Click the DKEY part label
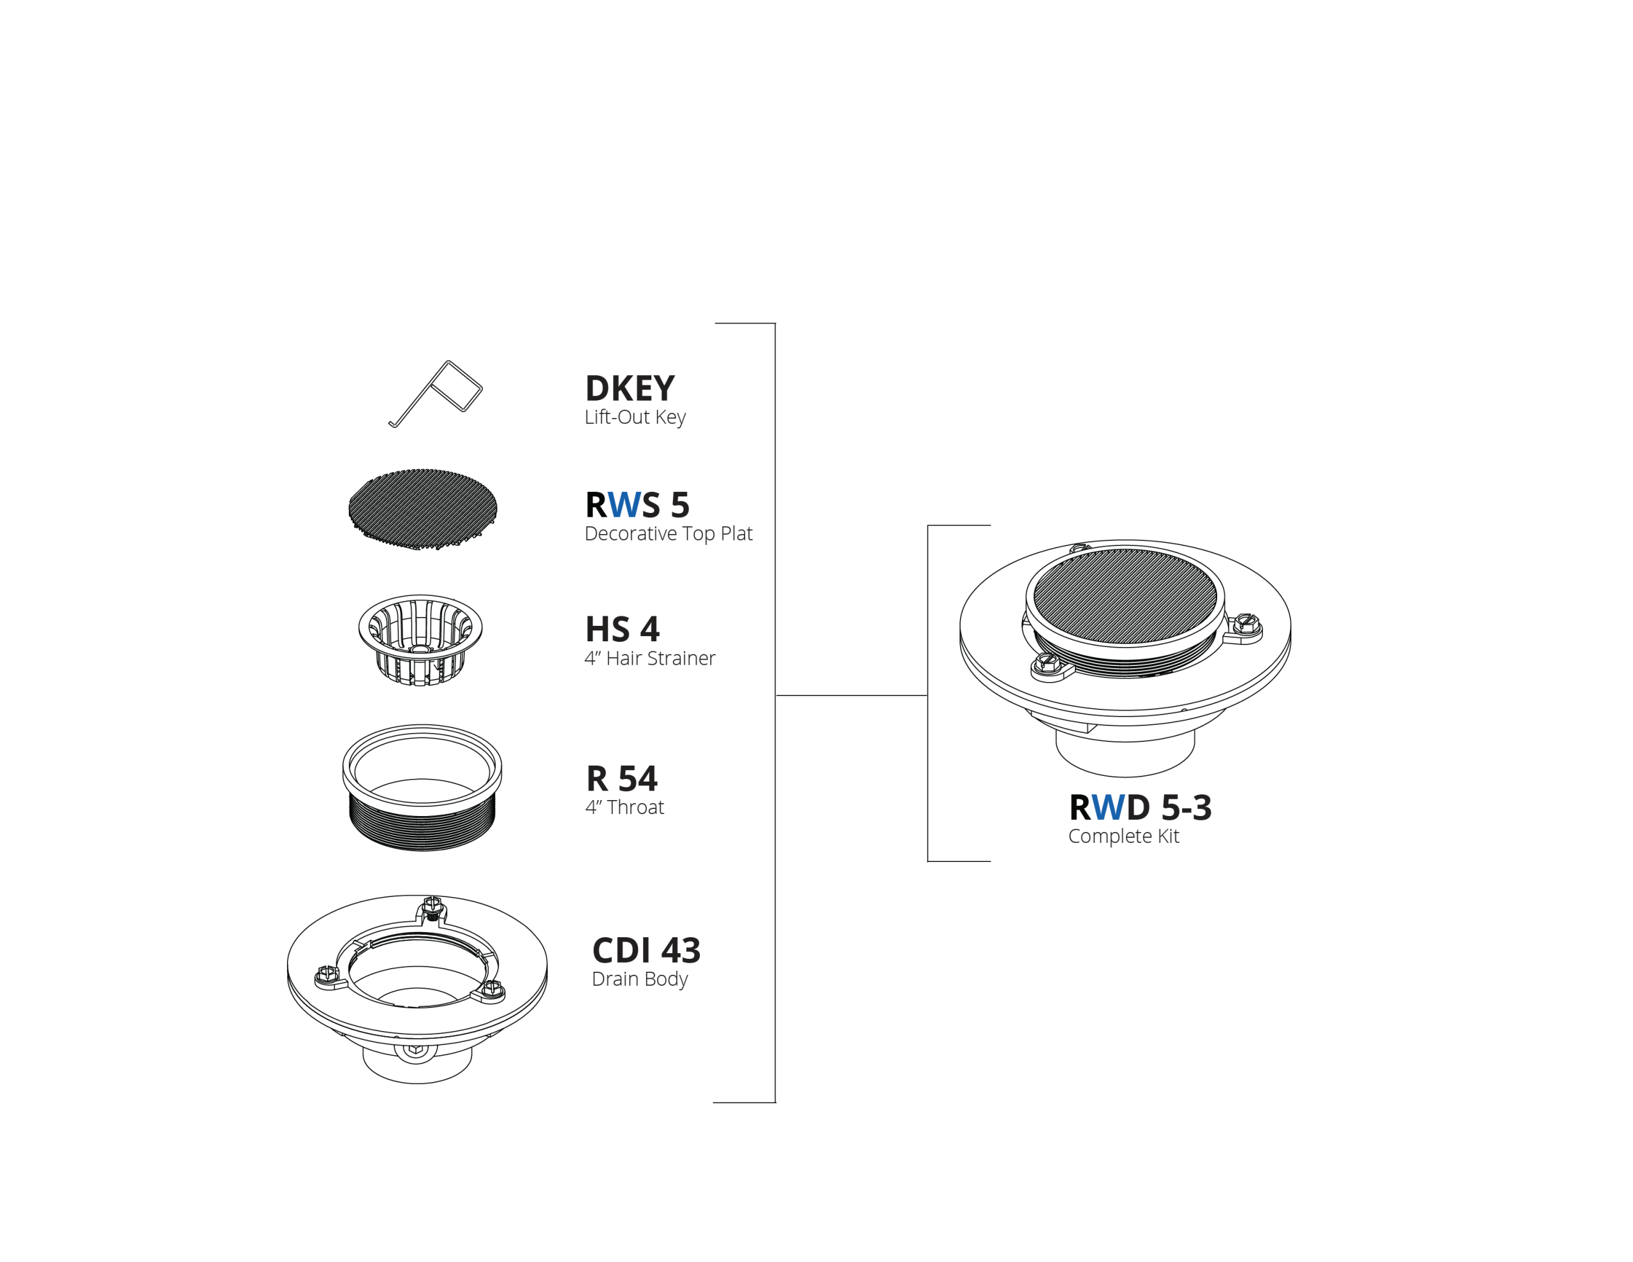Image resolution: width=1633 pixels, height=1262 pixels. tap(630, 389)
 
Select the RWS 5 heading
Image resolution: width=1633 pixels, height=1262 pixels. tap(637, 505)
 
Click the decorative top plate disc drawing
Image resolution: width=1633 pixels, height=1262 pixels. tap(422, 509)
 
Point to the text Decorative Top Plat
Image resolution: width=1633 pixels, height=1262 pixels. tap(669, 534)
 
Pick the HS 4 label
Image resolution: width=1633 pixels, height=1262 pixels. tap(622, 629)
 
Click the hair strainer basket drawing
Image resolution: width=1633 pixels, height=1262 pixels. tap(420, 641)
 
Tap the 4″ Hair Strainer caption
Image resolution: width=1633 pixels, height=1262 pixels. tap(650, 658)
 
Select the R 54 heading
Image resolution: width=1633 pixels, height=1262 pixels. tap(621, 779)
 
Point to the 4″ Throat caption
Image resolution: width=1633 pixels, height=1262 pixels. tap(624, 807)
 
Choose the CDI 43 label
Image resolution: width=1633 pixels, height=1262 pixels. tap(646, 951)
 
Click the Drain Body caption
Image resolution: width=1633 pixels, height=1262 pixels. tap(639, 979)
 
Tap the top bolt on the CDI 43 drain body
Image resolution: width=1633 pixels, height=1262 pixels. tap(432, 907)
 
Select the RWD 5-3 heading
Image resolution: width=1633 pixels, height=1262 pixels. tap(1141, 808)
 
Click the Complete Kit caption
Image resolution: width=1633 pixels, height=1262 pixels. tap(1123, 836)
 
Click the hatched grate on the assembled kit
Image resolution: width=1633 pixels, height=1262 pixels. tap(1125, 596)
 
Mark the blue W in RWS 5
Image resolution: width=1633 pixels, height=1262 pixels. tap(624, 505)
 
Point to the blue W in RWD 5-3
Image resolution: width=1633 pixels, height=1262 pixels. tap(1109, 808)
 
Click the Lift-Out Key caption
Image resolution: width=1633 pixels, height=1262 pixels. tap(635, 417)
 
